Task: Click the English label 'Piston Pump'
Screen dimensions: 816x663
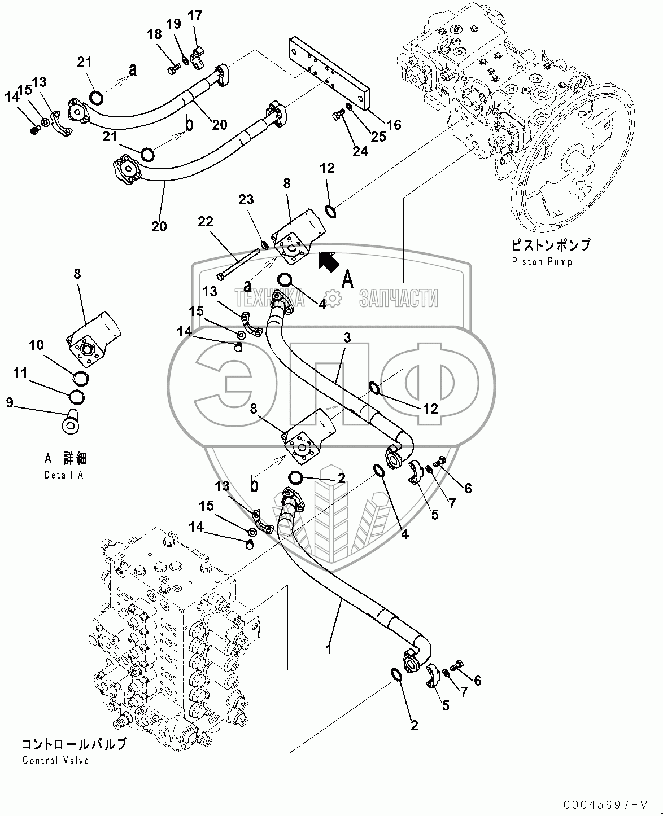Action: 542,262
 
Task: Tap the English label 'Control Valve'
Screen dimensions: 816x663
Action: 55,760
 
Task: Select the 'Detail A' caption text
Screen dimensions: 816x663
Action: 64,475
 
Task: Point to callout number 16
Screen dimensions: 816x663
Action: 394,125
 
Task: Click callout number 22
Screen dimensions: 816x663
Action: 206,222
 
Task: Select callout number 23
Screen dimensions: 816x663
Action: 246,200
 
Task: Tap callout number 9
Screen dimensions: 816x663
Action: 10,402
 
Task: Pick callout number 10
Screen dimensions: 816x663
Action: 37,345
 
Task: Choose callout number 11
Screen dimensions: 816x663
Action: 20,373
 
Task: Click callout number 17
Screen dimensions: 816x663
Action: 195,15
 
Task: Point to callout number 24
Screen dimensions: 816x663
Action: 360,151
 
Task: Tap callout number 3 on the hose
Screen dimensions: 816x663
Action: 347,337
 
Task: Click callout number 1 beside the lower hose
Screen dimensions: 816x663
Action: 328,649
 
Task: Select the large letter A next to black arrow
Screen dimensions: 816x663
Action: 348,279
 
